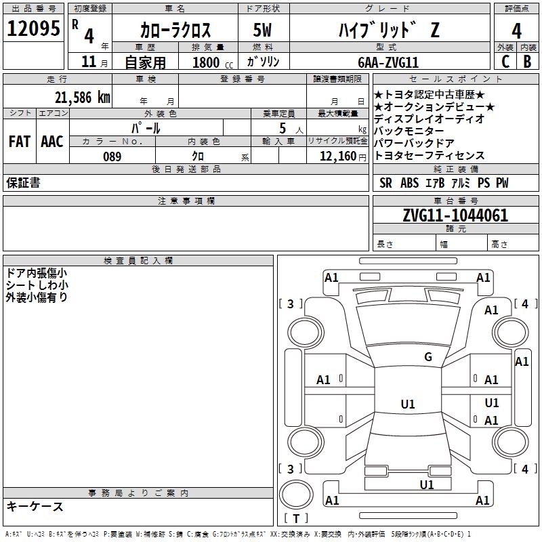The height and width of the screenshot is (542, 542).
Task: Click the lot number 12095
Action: (x=33, y=28)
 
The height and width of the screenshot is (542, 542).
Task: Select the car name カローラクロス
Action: (x=175, y=30)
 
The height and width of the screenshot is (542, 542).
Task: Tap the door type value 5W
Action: (x=264, y=30)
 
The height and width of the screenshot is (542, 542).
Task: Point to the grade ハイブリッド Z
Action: (x=388, y=30)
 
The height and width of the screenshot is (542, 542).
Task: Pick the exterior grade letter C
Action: (x=505, y=62)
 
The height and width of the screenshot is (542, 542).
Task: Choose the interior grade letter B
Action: (x=527, y=62)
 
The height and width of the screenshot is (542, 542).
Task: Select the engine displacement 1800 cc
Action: (x=210, y=62)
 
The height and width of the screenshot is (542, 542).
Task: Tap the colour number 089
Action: (x=112, y=157)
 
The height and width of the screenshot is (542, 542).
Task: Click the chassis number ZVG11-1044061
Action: (x=455, y=215)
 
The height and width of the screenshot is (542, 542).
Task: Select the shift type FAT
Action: (x=19, y=142)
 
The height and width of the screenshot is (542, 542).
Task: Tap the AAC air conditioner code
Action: (x=52, y=142)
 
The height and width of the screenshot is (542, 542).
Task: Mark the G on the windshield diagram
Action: (x=428, y=357)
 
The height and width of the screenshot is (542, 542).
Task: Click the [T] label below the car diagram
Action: (x=295, y=519)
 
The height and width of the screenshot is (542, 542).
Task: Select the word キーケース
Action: (x=35, y=506)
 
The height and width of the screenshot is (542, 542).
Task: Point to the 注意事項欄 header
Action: (x=186, y=201)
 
